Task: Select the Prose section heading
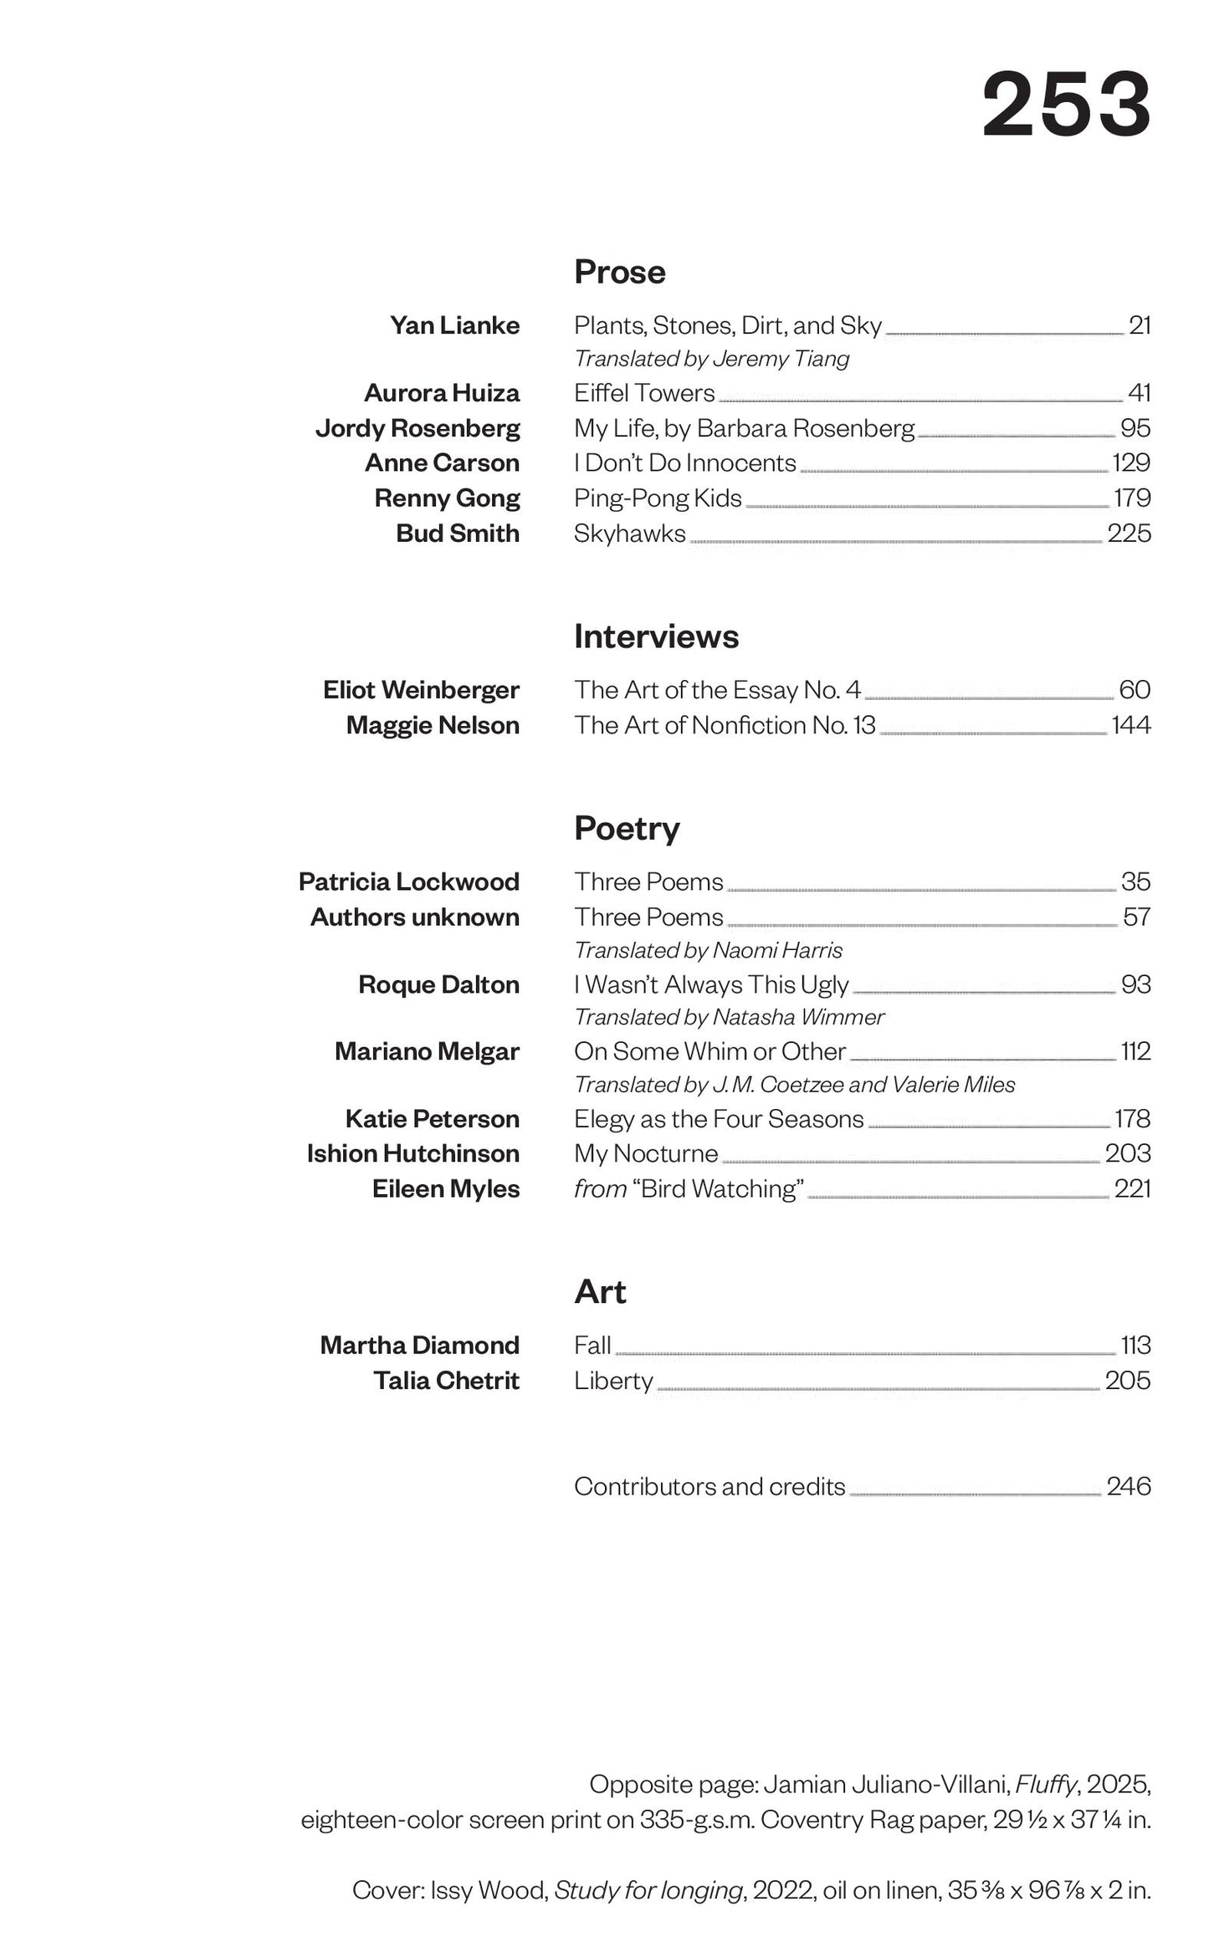pos(619,273)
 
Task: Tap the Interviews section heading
pos(656,637)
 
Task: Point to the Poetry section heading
pos(627,829)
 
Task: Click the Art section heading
pos(600,1292)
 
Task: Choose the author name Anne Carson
pos(442,463)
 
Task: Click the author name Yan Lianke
pos(454,325)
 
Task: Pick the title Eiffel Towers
pos(644,393)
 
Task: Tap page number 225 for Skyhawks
pos(1129,534)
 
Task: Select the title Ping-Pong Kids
pos(658,498)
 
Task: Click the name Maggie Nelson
pos(433,725)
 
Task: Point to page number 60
pos(1135,690)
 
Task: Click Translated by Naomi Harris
pos(708,951)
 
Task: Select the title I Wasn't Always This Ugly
pos(711,985)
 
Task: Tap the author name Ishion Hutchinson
pos(412,1154)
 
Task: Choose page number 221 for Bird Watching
pos(1132,1189)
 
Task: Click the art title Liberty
pos(613,1381)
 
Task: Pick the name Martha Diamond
pos(419,1346)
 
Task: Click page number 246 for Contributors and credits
pos(1129,1487)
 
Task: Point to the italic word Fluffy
pos(1046,1785)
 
